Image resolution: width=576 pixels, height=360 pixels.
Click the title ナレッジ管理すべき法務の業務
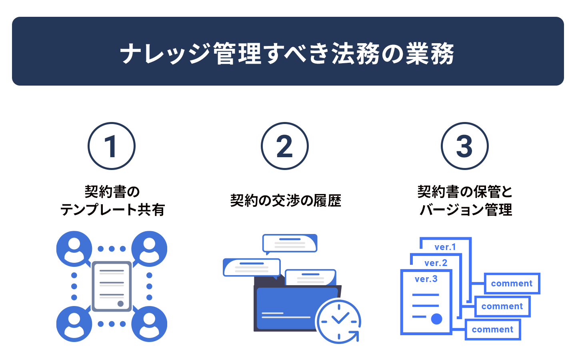tap(287, 53)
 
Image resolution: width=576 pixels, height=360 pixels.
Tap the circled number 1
tap(112, 146)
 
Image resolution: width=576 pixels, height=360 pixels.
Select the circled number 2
tap(285, 146)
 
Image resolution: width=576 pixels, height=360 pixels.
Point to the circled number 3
tap(465, 146)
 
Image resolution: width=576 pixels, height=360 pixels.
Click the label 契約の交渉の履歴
tap(286, 200)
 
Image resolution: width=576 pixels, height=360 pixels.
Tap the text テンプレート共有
tap(112, 210)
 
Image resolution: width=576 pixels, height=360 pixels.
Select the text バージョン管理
tap(466, 210)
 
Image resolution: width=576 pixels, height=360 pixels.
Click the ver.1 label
tap(445, 247)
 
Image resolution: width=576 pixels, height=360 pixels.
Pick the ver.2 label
tap(436, 263)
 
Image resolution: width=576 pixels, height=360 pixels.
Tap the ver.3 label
tap(426, 279)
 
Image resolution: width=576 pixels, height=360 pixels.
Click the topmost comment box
tap(512, 283)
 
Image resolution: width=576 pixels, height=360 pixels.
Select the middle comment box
tap(502, 306)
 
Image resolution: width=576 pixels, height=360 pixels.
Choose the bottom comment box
tap(493, 330)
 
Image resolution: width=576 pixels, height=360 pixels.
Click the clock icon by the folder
tap(338, 322)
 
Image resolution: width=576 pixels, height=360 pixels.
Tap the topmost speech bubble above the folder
tap(290, 243)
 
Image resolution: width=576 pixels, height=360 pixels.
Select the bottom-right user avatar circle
tap(149, 324)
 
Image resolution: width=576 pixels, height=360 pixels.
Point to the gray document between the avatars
tap(112, 286)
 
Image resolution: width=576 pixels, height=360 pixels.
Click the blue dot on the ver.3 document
tap(436, 319)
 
